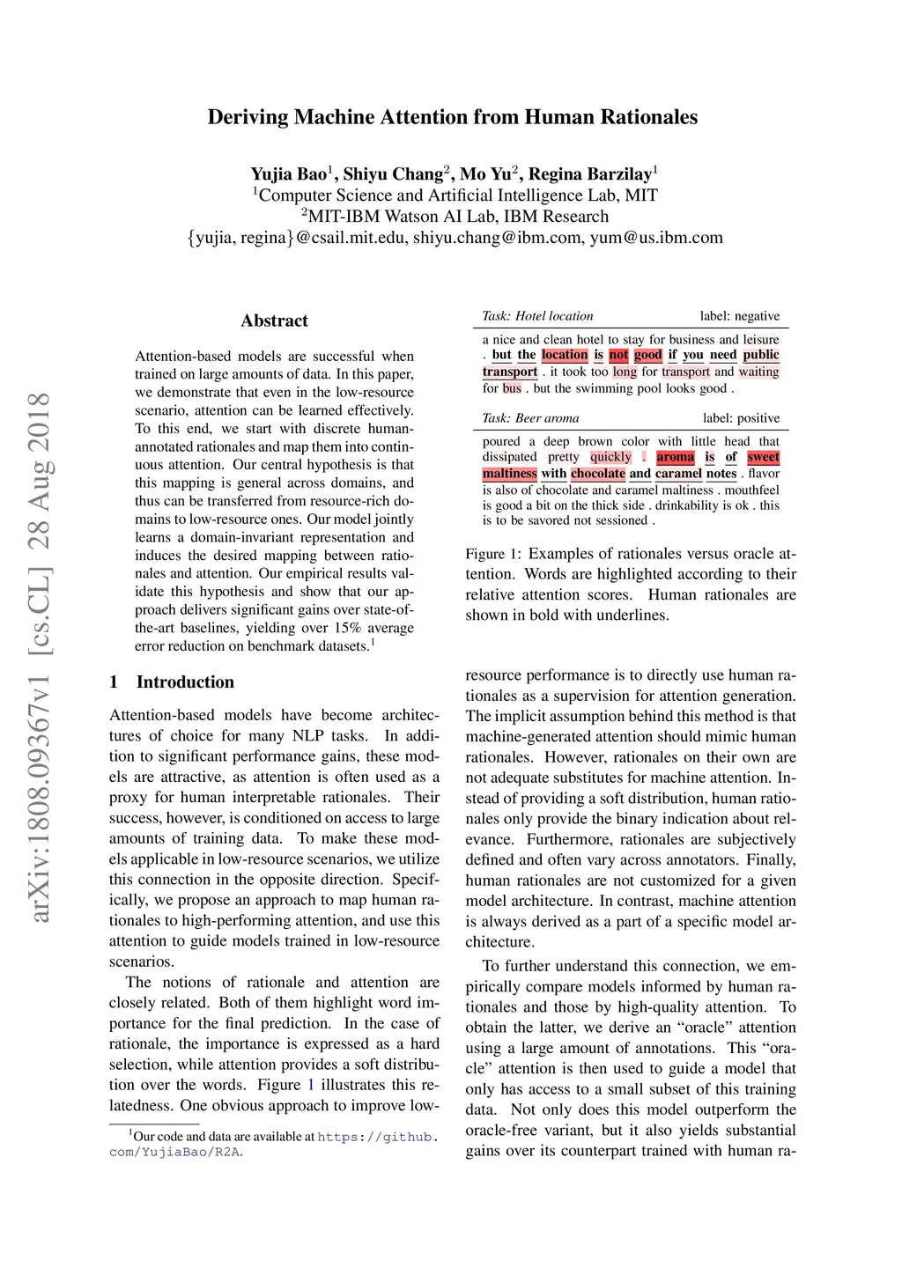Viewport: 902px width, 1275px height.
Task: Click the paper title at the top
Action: point(452,117)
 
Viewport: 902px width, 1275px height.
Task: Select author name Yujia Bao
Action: point(288,173)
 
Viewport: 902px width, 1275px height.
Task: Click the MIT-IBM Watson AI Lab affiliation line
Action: point(455,217)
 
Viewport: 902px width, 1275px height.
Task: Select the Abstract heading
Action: point(274,321)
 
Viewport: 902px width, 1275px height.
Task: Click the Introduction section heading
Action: point(185,682)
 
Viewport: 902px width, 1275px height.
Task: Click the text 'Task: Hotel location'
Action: point(537,316)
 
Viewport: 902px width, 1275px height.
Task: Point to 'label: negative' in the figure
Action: point(739,316)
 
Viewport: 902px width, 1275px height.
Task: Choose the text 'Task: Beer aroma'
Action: point(530,418)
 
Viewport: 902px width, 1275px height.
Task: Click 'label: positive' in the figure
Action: point(741,418)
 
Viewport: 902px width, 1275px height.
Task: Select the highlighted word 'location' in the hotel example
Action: point(564,355)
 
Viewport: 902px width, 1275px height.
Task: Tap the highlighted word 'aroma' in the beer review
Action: point(675,457)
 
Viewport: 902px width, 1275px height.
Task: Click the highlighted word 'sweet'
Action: point(763,457)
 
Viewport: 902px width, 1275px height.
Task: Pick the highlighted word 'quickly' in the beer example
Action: point(610,457)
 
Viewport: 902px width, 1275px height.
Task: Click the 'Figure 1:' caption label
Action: point(493,554)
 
